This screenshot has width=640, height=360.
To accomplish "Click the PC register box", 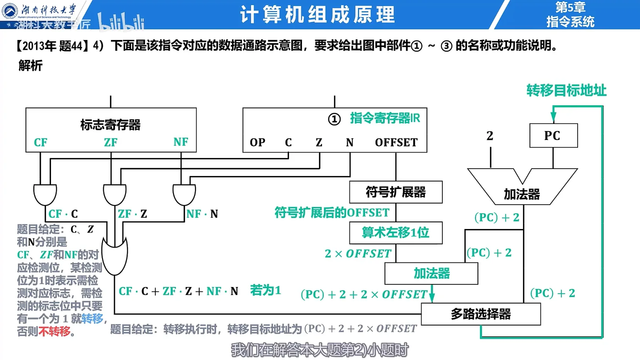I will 553,136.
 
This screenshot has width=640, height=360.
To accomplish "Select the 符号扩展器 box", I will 396,192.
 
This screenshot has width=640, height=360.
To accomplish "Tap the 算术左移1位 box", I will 396,233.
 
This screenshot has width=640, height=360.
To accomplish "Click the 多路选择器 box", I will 481,314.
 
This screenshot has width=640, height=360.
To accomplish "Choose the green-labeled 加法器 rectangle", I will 431,273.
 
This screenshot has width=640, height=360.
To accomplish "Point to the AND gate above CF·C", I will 45,195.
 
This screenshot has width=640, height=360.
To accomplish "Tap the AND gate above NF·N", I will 184,195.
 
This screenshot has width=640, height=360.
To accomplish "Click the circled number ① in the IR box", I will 334,119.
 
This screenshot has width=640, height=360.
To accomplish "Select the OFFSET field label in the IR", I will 396,142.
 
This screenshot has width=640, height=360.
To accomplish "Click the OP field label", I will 258,142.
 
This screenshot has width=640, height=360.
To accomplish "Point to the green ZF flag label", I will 111,142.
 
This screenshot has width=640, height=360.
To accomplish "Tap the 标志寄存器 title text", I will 110,125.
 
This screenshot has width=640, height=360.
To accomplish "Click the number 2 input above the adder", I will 490,136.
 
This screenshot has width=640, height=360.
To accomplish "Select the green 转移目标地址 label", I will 566,91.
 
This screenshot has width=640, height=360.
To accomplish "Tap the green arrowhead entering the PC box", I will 553,117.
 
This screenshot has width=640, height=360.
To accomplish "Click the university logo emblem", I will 10,11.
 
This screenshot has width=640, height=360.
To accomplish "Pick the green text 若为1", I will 265,291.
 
